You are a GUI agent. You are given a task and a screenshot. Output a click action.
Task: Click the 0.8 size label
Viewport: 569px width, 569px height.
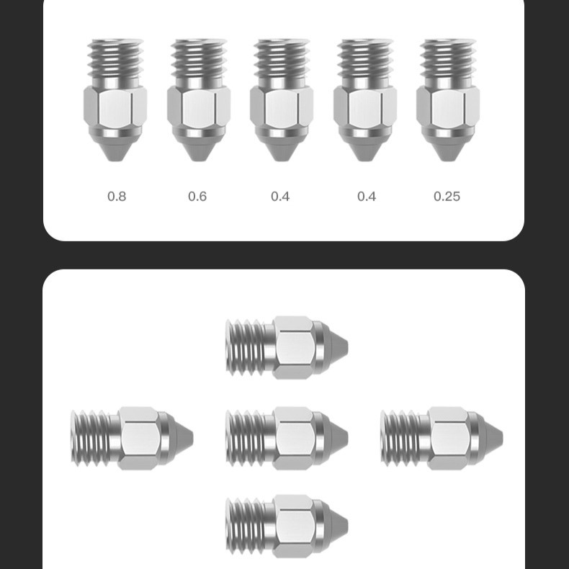tap(117, 197)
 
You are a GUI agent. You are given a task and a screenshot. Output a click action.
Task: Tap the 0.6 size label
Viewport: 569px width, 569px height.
tap(197, 197)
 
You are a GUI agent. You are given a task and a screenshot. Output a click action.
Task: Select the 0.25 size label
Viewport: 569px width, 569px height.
tap(447, 197)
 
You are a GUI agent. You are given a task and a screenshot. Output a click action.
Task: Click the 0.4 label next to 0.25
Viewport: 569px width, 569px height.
tap(367, 197)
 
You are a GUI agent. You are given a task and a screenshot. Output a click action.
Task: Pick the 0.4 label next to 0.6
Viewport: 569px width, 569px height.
tap(280, 197)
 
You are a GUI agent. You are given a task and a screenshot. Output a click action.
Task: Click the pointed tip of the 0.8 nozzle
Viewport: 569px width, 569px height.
tap(115, 160)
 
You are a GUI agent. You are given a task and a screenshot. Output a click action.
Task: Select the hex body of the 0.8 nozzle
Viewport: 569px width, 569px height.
tap(115, 107)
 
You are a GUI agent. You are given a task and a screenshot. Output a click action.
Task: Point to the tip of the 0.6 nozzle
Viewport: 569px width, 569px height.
tap(199, 160)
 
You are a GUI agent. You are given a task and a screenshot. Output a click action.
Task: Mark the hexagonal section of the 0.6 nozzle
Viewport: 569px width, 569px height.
tap(199, 107)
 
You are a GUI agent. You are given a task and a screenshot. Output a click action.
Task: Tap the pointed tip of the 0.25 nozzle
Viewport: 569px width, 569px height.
tap(448, 160)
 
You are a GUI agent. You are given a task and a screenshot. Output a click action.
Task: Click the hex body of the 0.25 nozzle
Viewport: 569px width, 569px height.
tap(448, 107)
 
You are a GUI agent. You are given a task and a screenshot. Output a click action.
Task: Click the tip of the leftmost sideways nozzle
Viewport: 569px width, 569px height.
tap(192, 439)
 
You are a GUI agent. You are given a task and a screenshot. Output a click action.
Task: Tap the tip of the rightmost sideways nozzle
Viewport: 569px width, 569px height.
tap(502, 439)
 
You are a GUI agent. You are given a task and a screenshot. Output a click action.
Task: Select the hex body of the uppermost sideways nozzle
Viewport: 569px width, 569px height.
tap(293, 348)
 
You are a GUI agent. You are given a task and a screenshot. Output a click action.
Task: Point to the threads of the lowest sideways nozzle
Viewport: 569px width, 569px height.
tap(246, 527)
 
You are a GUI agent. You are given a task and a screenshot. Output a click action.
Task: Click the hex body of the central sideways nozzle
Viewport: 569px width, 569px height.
tap(293, 439)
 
